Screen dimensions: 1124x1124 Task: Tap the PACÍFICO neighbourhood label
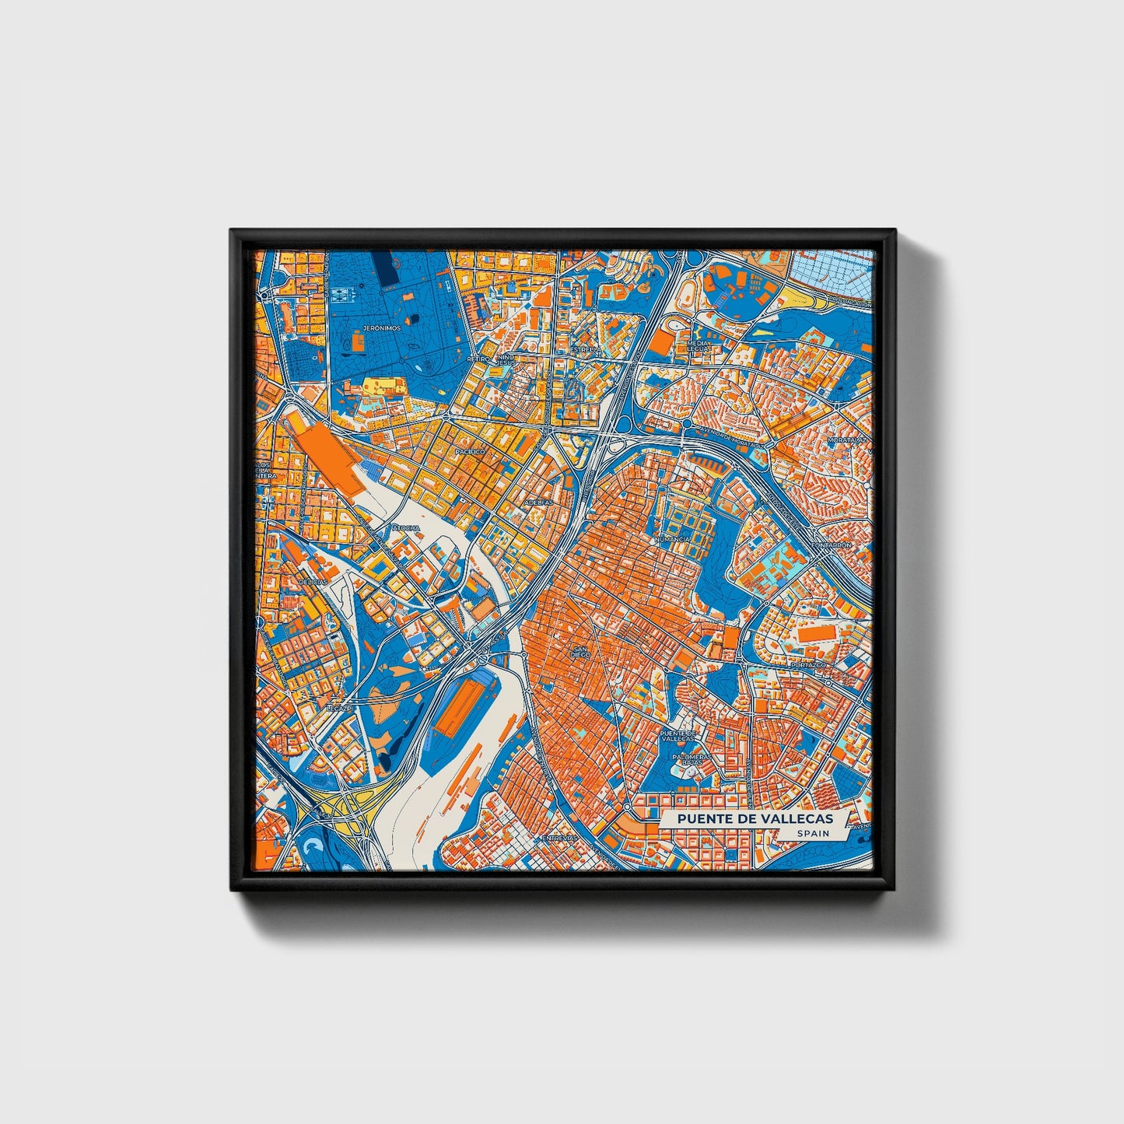tap(470, 451)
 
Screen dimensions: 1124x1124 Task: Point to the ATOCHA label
tap(406, 528)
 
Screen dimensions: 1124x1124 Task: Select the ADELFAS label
tap(539, 502)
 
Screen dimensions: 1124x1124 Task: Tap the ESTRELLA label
tap(586, 351)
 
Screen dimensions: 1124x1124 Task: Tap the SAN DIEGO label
tap(580, 651)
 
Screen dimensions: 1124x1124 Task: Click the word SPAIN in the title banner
tap(812, 833)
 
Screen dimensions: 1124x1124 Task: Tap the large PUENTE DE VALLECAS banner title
tap(755, 818)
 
